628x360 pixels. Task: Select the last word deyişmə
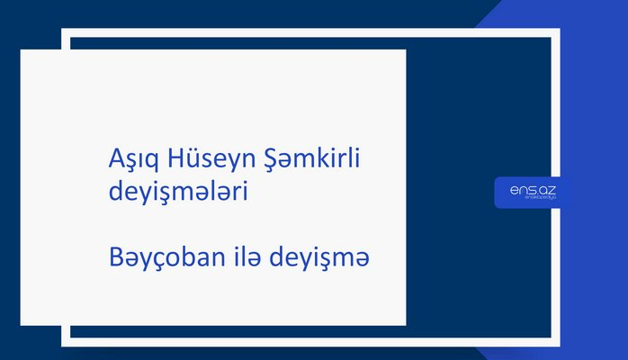[327, 259]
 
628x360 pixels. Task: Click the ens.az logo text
[533, 189]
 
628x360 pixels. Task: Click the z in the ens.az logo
[553, 189]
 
